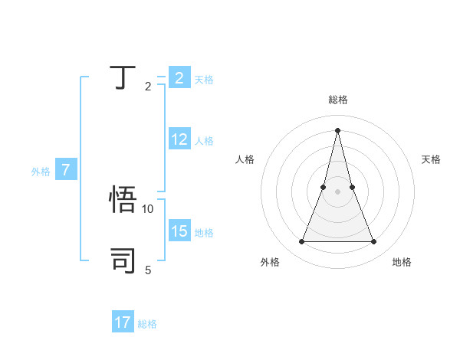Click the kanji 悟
click(123, 201)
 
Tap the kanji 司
click(123, 260)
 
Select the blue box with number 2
click(179, 78)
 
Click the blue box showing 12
click(179, 139)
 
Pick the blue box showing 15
click(179, 231)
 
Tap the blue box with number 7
click(66, 170)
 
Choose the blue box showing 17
click(123, 322)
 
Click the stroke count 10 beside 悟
click(148, 208)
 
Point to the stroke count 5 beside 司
click(148, 270)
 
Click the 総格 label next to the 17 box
click(147, 324)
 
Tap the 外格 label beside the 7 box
click(41, 172)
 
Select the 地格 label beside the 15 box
click(204, 233)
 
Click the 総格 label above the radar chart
click(338, 100)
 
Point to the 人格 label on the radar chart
click(245, 159)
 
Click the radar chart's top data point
click(338, 130)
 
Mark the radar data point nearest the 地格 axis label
click(374, 242)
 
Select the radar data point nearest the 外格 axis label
click(302, 242)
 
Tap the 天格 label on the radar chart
click(431, 159)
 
